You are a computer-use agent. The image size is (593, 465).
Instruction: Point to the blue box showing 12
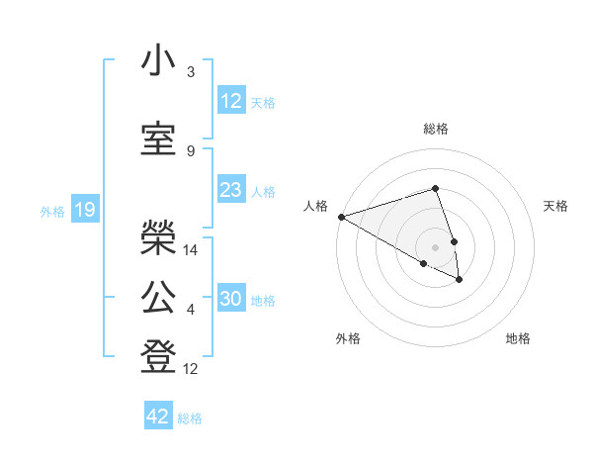tap(231, 100)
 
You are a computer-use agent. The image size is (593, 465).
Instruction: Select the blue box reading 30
tap(231, 299)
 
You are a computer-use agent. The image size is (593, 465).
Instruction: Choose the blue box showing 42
tap(158, 416)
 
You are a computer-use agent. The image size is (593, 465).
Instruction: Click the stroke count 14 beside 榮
tap(191, 250)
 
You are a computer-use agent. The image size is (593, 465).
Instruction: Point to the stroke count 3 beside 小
tap(191, 72)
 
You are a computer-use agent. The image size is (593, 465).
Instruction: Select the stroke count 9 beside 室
tap(191, 150)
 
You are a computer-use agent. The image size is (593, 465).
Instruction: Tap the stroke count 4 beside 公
tap(191, 311)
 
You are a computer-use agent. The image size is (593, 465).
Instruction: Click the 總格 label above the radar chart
tap(436, 129)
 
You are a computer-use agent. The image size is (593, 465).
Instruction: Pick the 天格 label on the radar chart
tap(555, 206)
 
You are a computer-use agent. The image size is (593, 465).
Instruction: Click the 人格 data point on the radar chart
tap(341, 216)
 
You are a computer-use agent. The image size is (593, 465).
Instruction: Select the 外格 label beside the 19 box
tap(52, 211)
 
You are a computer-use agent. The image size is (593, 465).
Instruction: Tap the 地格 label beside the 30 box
tap(263, 301)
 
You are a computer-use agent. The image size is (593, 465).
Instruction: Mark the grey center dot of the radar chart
tap(436, 246)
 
